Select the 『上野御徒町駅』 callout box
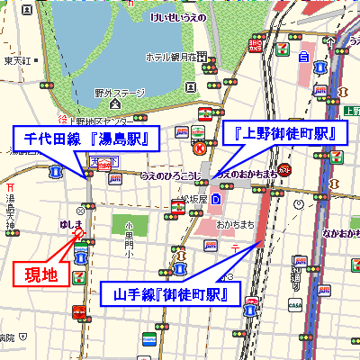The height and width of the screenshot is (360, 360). tap(283, 133)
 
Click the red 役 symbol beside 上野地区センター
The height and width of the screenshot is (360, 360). tap(62, 121)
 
